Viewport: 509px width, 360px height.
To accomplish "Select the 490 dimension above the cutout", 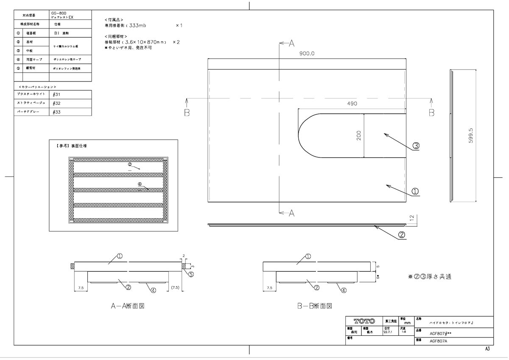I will pyautogui.click(x=352, y=104).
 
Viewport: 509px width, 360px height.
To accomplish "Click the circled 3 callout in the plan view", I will pyautogui.click(x=416, y=146).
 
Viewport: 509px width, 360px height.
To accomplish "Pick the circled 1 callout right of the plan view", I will pyautogui.click(x=415, y=191).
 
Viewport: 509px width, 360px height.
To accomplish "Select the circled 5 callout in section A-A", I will pyautogui.click(x=191, y=274).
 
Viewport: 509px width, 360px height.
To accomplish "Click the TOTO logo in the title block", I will pyautogui.click(x=364, y=321).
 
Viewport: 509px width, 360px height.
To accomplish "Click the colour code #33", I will pyautogui.click(x=57, y=112).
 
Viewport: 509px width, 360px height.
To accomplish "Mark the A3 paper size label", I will pyautogui.click(x=487, y=349).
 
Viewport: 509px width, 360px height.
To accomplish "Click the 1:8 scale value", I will pyautogui.click(x=403, y=332).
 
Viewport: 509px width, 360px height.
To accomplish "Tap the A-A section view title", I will pyautogui.click(x=128, y=306).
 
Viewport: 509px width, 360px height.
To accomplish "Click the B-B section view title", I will pyautogui.click(x=314, y=306).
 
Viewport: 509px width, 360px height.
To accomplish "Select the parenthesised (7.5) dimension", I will pyautogui.click(x=175, y=288).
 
